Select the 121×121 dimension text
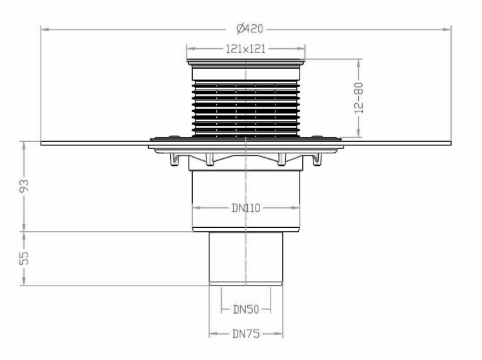(246, 49)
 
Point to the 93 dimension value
(24, 187)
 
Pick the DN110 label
(245, 207)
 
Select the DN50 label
(245, 310)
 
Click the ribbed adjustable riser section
(246, 107)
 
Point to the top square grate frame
(246, 67)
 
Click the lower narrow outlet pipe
(246, 258)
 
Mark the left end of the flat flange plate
(43, 143)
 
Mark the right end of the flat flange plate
(449, 143)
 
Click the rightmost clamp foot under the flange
(318, 160)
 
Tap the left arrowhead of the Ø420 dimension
(43, 28)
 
